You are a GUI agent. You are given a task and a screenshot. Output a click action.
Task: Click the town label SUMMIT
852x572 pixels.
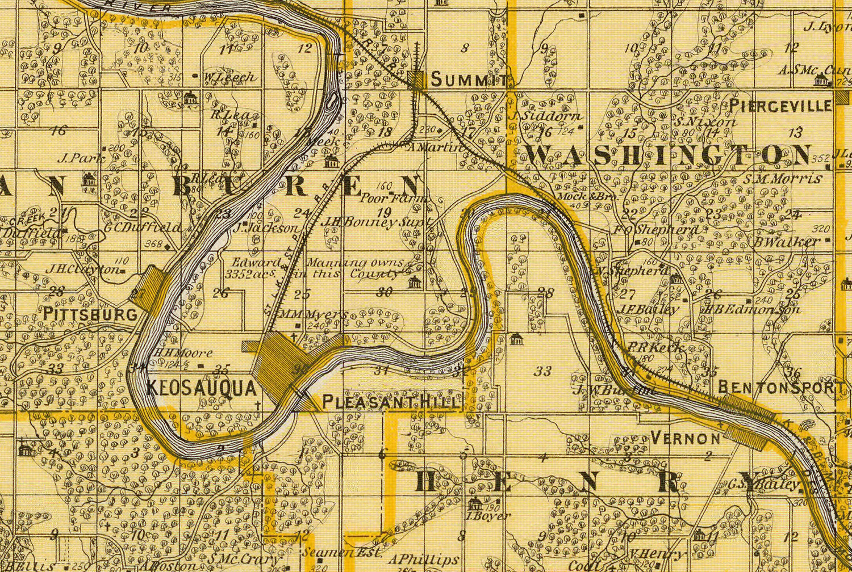click(469, 80)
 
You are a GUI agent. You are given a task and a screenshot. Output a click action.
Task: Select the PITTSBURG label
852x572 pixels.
click(91, 314)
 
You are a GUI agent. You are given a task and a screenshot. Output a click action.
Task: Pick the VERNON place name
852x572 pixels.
click(685, 438)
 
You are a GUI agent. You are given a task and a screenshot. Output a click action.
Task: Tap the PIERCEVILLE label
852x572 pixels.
click(780, 105)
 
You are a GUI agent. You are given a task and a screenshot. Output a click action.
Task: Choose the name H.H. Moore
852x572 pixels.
click(176, 352)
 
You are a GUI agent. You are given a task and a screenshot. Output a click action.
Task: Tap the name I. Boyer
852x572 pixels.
click(481, 516)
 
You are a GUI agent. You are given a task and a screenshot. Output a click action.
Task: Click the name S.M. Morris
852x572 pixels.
click(783, 179)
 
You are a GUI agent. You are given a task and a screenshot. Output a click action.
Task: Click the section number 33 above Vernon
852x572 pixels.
click(543, 371)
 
